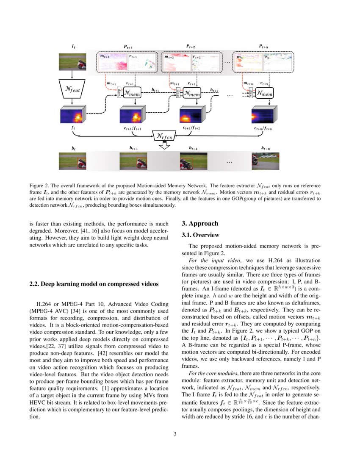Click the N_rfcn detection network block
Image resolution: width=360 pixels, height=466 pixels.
pyautogui.click(x=164, y=136)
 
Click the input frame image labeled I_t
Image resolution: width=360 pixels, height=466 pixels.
pyautogui.click(x=72, y=61)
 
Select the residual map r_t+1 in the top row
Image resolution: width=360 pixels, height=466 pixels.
pyautogui.click(x=142, y=62)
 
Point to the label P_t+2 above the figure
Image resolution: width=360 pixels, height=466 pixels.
pyautogui.click(x=191, y=46)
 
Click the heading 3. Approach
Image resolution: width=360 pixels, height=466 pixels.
pyautogui.click(x=200, y=224)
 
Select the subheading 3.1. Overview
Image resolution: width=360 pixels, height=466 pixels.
pyautogui.click(x=201, y=235)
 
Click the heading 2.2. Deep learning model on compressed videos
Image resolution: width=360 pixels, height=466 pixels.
pyautogui.click(x=94, y=284)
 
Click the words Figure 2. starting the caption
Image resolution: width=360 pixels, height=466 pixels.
pyautogui.click(x=39, y=186)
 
